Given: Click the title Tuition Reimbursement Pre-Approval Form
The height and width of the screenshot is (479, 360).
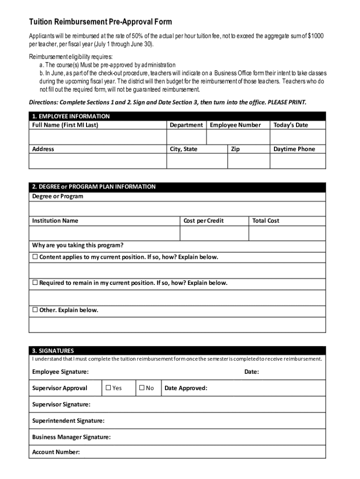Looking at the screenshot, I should point(101,22).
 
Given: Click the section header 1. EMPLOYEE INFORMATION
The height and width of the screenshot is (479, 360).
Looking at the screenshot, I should point(71,116).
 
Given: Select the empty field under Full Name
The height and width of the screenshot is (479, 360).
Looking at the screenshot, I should point(98,137).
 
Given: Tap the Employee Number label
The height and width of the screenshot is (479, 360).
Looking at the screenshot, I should point(235,125).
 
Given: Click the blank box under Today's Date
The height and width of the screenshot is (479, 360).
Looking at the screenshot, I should point(298,137).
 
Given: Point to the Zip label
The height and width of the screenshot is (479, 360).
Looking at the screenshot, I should point(235,149).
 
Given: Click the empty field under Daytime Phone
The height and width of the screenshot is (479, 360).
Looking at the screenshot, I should point(298,161).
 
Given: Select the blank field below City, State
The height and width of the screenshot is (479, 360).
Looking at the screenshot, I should point(197,161).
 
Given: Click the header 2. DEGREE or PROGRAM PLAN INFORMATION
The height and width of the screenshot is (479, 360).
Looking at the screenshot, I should point(94,187).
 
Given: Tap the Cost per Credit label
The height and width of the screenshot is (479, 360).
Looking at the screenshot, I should point(203,221).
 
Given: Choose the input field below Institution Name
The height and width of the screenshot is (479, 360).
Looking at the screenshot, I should point(104,233).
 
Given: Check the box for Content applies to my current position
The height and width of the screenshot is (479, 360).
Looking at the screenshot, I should point(35,257).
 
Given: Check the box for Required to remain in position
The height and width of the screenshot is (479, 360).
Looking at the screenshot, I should point(35,283).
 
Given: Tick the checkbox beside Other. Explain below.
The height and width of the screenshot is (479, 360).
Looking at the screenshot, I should point(35,310).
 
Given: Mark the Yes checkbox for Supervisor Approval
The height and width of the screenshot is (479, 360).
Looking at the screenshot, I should point(108,388).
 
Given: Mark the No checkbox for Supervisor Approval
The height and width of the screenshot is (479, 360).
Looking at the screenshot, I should point(141,388).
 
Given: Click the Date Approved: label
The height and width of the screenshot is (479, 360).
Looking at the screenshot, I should point(186,388).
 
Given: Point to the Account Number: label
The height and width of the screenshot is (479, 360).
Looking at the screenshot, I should point(56,452).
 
